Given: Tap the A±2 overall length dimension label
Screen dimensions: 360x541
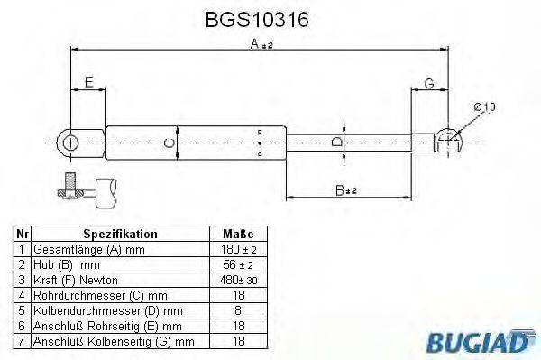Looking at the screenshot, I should click(261, 44).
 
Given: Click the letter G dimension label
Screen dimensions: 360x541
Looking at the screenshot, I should click(431, 82).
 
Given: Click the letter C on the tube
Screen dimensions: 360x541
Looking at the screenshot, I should click(169, 142).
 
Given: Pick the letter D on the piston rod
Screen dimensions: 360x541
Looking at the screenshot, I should click(335, 142).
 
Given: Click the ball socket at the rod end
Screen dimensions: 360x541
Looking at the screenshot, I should click(447, 140).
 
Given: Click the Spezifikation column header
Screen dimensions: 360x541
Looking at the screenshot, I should click(120, 233).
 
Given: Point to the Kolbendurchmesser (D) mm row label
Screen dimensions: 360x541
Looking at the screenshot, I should click(100, 310).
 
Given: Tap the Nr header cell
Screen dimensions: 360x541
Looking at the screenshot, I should click(23, 233).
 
